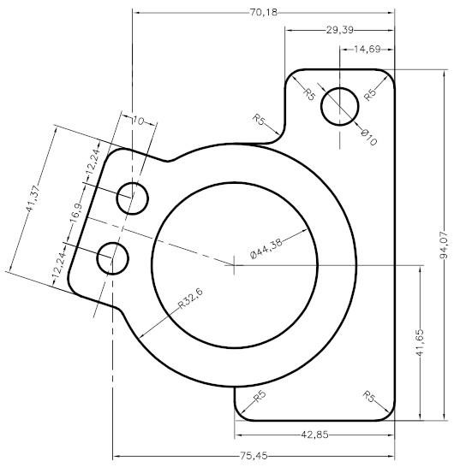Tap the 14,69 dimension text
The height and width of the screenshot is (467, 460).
point(367,50)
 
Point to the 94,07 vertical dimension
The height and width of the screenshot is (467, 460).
point(445,247)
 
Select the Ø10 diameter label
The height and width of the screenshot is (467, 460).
point(368,136)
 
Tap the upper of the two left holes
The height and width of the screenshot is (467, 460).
point(133,196)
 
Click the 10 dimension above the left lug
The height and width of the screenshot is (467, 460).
point(138,121)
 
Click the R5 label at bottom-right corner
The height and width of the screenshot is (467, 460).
point(368,396)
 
